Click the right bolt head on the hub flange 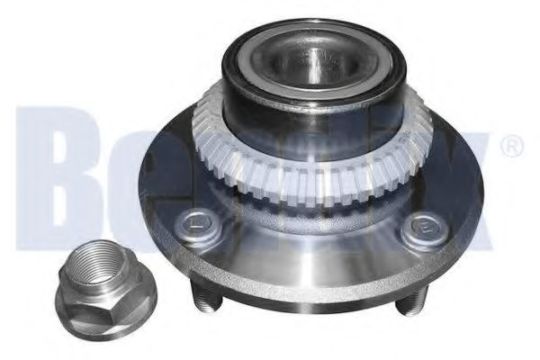[419, 232]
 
